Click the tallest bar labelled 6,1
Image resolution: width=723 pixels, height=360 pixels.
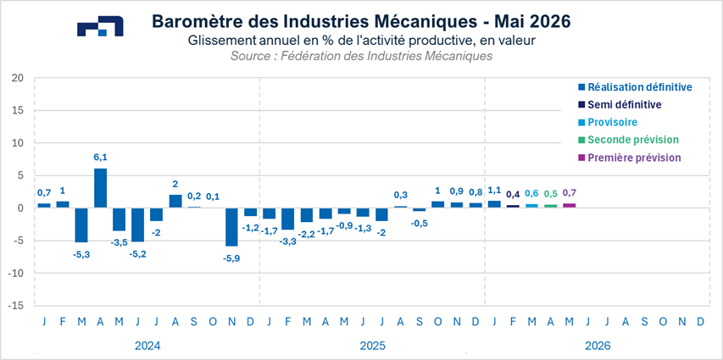click(100, 188)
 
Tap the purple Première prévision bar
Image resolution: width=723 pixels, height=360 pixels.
click(569, 205)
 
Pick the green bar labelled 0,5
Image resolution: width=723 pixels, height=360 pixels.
click(550, 206)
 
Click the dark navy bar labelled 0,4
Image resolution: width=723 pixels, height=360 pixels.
click(513, 206)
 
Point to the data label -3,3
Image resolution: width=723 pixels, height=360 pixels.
click(288, 241)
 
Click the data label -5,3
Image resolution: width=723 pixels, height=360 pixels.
click(81, 254)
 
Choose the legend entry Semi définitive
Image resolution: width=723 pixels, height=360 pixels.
click(624, 104)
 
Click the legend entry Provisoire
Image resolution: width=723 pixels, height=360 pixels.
click(612, 122)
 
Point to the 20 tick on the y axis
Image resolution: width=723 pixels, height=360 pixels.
click(16, 78)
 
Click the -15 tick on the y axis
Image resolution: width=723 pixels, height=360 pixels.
click(14, 306)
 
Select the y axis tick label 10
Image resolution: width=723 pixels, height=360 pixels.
click(16, 143)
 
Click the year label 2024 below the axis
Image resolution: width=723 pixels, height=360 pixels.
click(147, 346)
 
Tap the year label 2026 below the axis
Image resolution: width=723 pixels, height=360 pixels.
click(597, 346)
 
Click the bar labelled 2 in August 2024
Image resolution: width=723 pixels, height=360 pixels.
click(175, 201)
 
